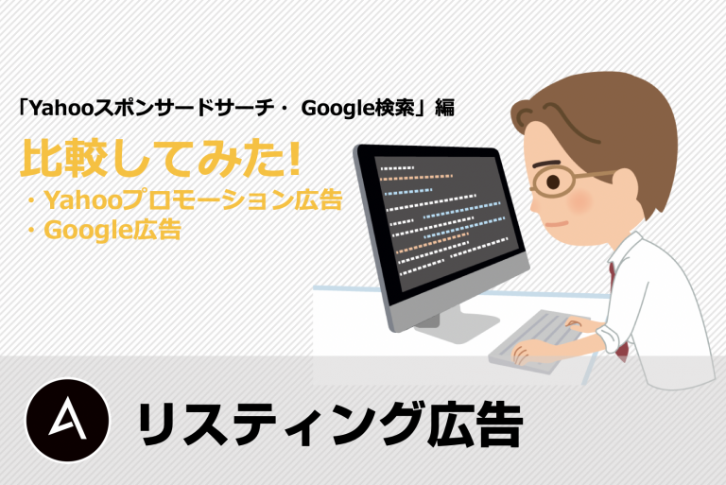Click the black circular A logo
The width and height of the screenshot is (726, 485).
pyautogui.click(x=68, y=420)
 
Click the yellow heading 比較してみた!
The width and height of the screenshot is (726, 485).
pyautogui.click(x=160, y=159)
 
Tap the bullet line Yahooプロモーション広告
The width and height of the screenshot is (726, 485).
pyautogui.click(x=184, y=199)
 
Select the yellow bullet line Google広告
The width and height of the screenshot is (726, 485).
pyautogui.click(x=104, y=230)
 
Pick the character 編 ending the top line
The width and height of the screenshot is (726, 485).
pyautogui.click(x=445, y=108)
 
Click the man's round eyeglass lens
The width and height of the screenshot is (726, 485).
pyautogui.click(x=553, y=182)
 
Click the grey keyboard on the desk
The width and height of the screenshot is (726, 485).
pyautogui.click(x=537, y=340)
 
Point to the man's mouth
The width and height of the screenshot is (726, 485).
pyautogui.click(x=557, y=224)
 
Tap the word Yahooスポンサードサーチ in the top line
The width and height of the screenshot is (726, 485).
pyautogui.click(x=149, y=108)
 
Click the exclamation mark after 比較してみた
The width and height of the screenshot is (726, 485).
pyautogui.click(x=293, y=159)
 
